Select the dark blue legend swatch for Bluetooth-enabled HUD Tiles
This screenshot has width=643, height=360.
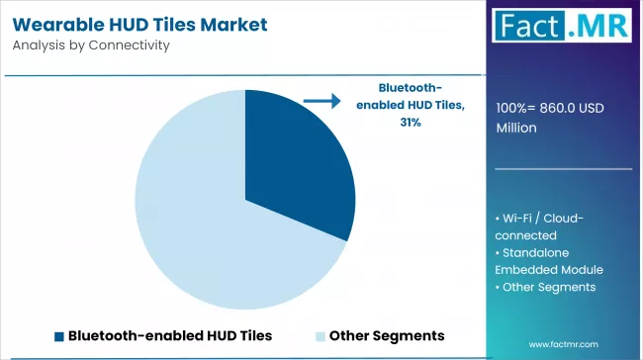59,335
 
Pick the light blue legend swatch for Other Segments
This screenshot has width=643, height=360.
321,335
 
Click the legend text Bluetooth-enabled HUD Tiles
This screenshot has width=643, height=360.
169,335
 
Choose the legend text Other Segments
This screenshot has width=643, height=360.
387,335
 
